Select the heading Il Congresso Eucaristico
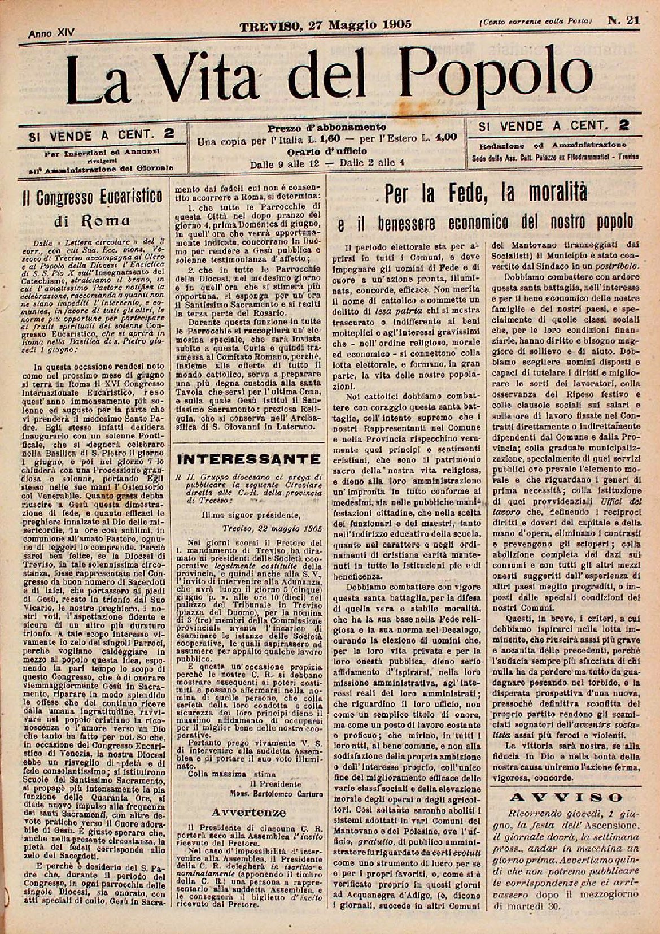tap(92, 197)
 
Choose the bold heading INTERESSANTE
tap(249, 458)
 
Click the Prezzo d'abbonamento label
tap(326, 127)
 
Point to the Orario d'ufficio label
tap(327, 151)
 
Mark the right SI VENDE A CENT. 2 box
tap(554, 125)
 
